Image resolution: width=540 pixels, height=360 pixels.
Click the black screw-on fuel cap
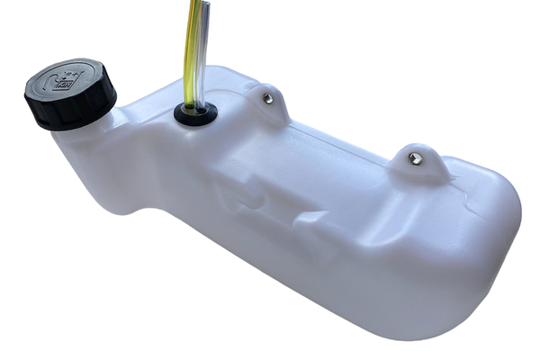70,94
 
